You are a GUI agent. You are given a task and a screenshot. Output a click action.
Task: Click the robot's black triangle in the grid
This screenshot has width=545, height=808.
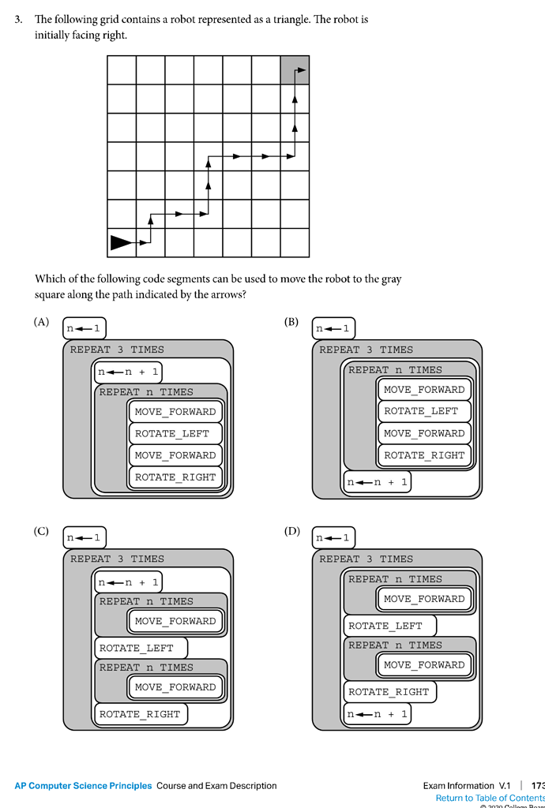tap(122, 242)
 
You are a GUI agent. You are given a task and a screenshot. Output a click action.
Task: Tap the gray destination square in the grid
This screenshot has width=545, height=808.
tap(295, 69)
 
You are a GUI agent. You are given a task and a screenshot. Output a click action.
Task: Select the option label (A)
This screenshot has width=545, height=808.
tap(41, 322)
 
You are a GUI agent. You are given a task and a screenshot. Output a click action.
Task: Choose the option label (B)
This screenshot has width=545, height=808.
tap(291, 322)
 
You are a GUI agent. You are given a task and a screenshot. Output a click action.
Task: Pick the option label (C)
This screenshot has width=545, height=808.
tap(41, 531)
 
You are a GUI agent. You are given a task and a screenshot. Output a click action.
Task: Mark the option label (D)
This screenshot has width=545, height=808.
tap(291, 531)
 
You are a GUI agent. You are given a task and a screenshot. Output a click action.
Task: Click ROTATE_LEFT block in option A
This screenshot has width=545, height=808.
tap(172, 433)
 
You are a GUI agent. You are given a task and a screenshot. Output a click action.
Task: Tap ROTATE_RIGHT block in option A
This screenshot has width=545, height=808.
tap(175, 477)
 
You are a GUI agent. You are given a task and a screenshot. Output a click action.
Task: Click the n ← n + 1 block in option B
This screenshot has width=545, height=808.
tap(377, 481)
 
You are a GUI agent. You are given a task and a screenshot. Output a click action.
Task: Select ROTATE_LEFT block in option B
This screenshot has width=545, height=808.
tap(421, 411)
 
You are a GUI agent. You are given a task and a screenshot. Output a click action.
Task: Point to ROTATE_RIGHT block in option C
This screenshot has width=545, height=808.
tap(140, 714)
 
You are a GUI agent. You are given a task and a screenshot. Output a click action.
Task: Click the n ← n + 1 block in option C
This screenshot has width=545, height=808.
tap(128, 582)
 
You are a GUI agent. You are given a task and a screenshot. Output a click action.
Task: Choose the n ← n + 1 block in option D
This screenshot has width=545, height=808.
tap(377, 714)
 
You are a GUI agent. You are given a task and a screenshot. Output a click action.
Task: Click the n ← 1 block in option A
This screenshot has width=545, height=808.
tap(84, 328)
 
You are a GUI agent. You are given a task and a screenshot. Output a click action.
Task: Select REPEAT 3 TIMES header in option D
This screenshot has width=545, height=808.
tap(366, 559)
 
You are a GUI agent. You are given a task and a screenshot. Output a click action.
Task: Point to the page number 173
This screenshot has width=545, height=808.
tap(538, 786)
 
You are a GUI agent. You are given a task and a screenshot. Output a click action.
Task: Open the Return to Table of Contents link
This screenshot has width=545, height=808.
tap(490, 799)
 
